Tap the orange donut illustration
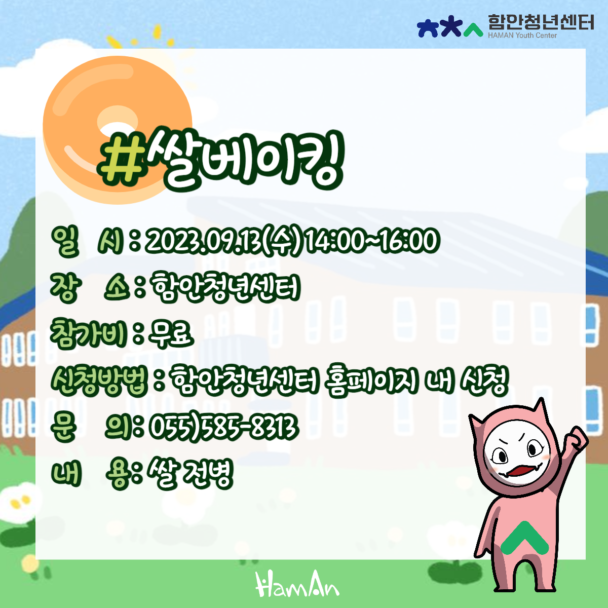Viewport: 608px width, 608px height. (118, 95)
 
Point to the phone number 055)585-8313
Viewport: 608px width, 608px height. (223, 427)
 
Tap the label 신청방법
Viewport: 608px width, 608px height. (99, 382)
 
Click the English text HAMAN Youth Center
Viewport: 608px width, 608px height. (522, 35)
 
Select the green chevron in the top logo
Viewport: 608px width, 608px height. (473, 30)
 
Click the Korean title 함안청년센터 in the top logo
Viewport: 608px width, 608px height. (541, 22)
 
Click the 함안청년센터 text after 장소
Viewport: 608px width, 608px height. (225, 288)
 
